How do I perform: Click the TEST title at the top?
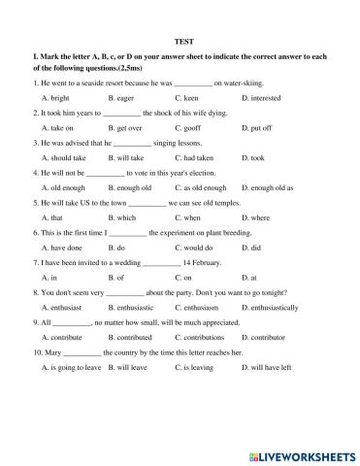click(x=180, y=42)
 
